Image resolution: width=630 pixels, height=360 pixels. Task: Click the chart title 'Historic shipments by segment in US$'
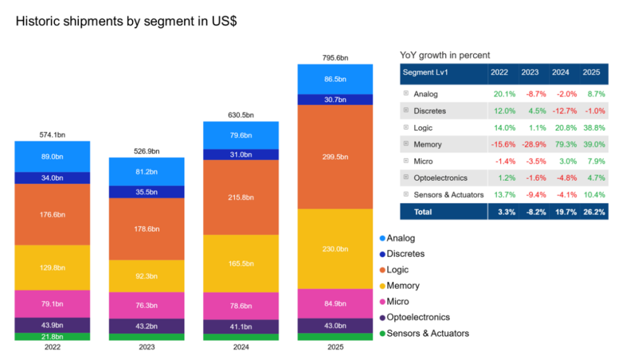(x=126, y=21)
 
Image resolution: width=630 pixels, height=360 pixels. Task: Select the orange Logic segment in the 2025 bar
(x=335, y=157)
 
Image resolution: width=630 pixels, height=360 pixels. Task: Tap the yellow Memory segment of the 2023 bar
(x=146, y=276)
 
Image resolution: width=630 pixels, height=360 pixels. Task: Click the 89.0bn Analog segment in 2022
(x=52, y=157)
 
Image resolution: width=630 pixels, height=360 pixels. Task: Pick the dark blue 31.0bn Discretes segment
(x=241, y=155)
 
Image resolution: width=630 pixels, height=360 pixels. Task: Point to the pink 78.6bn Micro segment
(x=241, y=306)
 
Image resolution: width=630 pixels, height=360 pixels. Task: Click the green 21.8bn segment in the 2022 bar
(x=52, y=337)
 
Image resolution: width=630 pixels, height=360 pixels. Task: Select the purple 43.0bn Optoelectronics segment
(x=335, y=326)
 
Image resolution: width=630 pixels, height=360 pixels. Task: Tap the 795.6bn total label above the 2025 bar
(x=335, y=58)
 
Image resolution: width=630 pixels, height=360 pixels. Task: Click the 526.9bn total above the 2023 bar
(x=146, y=151)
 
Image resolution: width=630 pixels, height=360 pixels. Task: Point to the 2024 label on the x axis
(x=241, y=347)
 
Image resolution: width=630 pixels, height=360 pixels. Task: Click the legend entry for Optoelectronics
(x=415, y=317)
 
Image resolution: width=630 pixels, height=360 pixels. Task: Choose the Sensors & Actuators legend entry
(x=424, y=334)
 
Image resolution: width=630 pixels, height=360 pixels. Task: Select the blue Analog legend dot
(x=383, y=238)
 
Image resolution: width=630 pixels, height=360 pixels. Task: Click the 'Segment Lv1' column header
(x=425, y=72)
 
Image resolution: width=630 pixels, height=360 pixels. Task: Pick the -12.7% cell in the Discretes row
(x=565, y=111)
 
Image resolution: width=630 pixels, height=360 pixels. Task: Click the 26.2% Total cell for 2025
(x=594, y=212)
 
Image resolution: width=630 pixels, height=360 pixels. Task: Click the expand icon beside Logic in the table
(x=406, y=127)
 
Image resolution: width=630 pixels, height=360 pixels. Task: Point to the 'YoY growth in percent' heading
(x=444, y=55)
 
